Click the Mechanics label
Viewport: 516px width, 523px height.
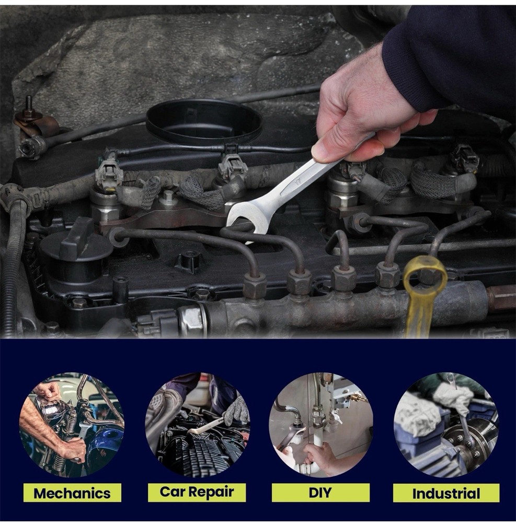pyautogui.click(x=72, y=493)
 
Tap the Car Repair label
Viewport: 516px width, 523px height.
pyautogui.click(x=197, y=492)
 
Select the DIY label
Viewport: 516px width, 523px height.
pyautogui.click(x=320, y=493)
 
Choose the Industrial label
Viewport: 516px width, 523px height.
pyautogui.click(x=446, y=493)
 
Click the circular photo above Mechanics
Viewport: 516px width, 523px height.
pyautogui.click(x=72, y=424)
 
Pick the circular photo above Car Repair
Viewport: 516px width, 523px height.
pyautogui.click(x=197, y=424)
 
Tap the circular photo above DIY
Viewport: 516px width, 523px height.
pyautogui.click(x=320, y=424)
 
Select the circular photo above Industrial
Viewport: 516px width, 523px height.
pyautogui.click(x=446, y=424)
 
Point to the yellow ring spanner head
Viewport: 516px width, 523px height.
pyautogui.click(x=425, y=275)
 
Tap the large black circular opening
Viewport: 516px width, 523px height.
pyautogui.click(x=203, y=121)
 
